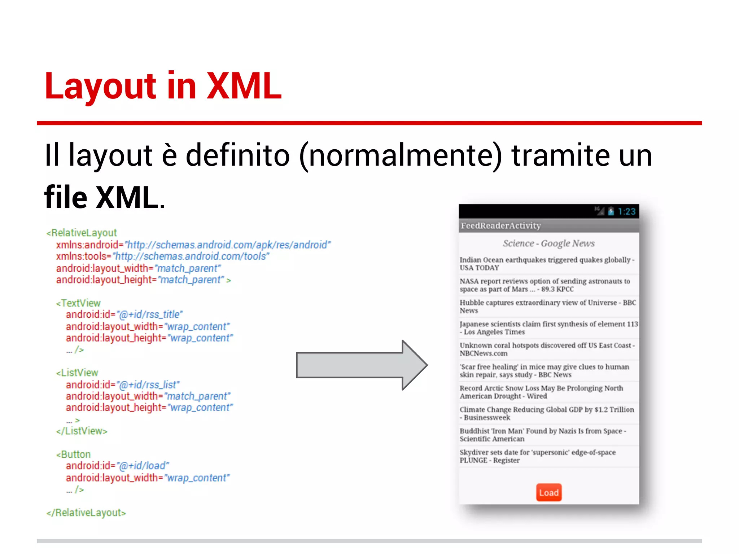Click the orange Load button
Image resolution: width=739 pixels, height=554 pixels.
click(548, 492)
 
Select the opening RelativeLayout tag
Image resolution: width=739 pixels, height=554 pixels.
click(82, 233)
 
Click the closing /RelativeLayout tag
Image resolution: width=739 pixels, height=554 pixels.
click(86, 513)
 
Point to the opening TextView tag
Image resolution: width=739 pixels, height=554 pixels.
click(79, 303)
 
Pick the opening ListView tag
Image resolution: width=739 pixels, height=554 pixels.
click(78, 373)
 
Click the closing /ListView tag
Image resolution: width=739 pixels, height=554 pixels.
click(82, 431)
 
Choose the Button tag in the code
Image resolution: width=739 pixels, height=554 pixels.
click(74, 454)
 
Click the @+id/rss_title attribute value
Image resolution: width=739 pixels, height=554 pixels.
click(150, 315)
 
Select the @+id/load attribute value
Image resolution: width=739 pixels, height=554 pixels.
click(143, 466)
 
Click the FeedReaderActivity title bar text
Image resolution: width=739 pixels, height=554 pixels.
click(501, 225)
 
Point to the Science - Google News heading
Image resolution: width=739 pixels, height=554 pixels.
click(548, 243)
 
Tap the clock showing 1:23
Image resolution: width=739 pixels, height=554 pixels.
click(626, 211)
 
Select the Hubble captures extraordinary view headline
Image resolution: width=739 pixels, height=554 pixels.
click(547, 306)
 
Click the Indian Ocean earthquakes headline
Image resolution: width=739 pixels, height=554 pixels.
click(547, 264)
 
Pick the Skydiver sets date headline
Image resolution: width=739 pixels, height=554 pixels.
click(538, 456)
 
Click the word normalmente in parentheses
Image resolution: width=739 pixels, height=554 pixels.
click(401, 155)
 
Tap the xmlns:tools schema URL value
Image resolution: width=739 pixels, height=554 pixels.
click(191, 256)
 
